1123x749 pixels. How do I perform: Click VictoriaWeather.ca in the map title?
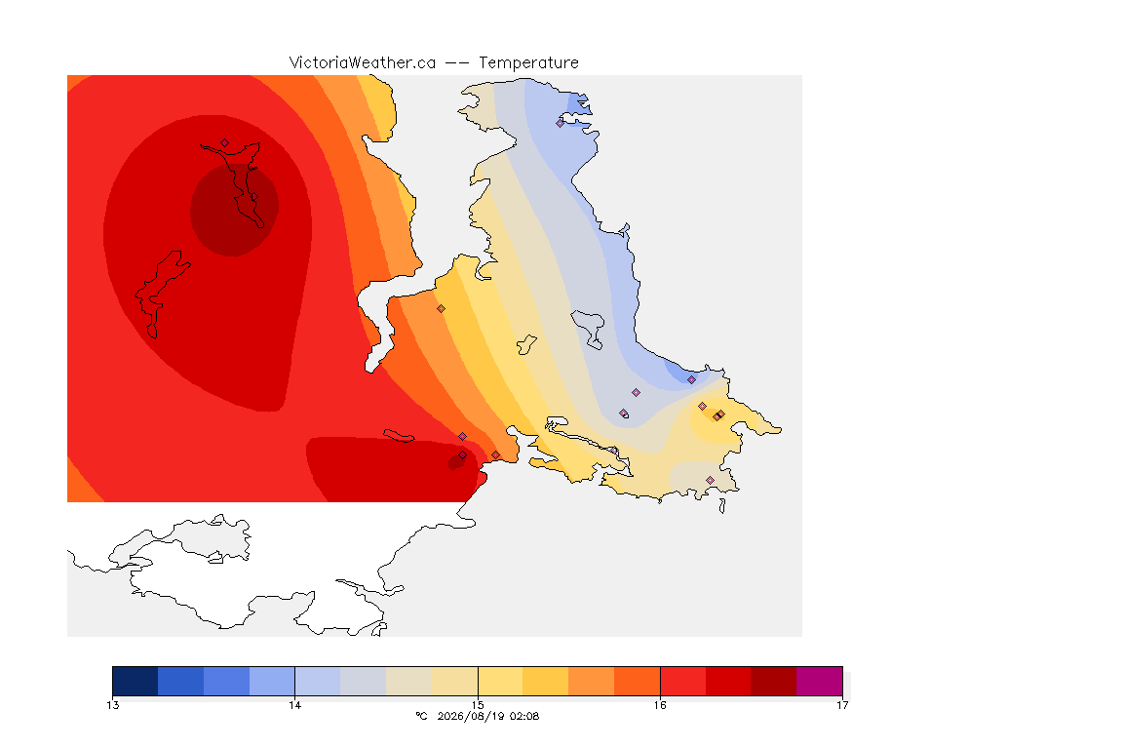pyautogui.click(x=363, y=63)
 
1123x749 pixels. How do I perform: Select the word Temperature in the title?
pyautogui.click(x=528, y=63)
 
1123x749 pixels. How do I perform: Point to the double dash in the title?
pyautogui.click(x=457, y=63)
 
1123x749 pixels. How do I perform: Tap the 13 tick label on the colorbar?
pyautogui.click(x=112, y=705)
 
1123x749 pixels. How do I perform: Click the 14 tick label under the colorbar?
pyautogui.click(x=295, y=705)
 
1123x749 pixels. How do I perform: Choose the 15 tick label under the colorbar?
pyautogui.click(x=478, y=705)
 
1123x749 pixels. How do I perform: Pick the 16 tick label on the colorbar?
pyautogui.click(x=660, y=705)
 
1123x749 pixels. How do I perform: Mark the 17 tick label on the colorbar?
pyautogui.click(x=842, y=705)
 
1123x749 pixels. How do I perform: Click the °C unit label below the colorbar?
pyautogui.click(x=422, y=716)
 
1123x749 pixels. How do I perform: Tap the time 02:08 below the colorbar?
pyautogui.click(x=524, y=716)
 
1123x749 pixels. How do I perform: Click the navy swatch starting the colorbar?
pyautogui.click(x=136, y=681)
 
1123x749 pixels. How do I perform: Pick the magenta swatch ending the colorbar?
pyautogui.click(x=819, y=681)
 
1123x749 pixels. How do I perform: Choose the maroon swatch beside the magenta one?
pyautogui.click(x=773, y=681)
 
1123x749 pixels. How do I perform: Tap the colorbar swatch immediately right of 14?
pyautogui.click(x=318, y=681)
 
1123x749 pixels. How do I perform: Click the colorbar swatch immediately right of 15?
pyautogui.click(x=500, y=681)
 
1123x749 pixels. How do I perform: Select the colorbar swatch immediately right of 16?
pyautogui.click(x=682, y=681)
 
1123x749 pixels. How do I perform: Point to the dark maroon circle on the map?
pyautogui.click(x=234, y=210)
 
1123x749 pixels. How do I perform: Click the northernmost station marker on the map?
pyautogui.click(x=561, y=123)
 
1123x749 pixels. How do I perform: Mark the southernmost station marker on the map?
pyautogui.click(x=710, y=480)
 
